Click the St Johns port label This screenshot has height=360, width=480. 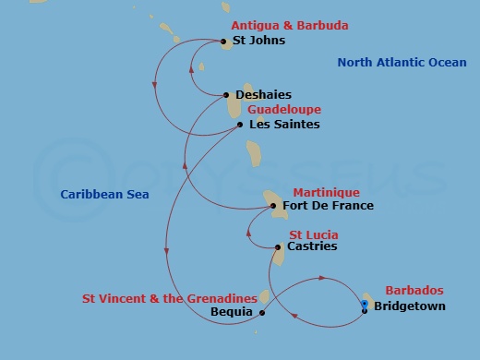pyautogui.click(x=259, y=41)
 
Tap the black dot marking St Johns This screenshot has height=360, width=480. pyautogui.click(x=224, y=41)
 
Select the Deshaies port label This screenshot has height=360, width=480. pyautogui.click(x=263, y=94)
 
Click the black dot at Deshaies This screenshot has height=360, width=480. pyautogui.click(x=228, y=94)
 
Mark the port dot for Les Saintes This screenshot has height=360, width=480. pyautogui.click(x=240, y=125)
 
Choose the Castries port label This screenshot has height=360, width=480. pyautogui.click(x=312, y=246)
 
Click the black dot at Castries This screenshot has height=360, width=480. pyautogui.click(x=279, y=247)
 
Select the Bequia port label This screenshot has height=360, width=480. pyautogui.click(x=232, y=312)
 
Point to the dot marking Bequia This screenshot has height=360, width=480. pyautogui.click(x=262, y=312)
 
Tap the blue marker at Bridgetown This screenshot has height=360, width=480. pyautogui.click(x=365, y=304)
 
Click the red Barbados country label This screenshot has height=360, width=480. pyautogui.click(x=407, y=290)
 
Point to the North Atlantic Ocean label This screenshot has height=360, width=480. pyautogui.click(x=402, y=63)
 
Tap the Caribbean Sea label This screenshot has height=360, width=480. pyautogui.click(x=104, y=195)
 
